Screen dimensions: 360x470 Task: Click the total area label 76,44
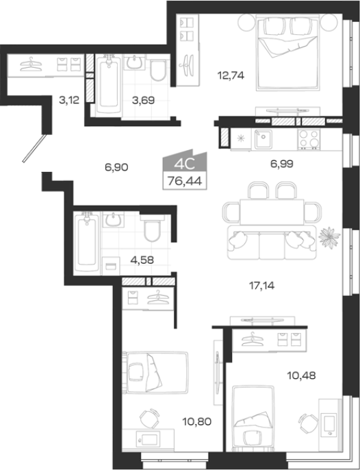(185, 181)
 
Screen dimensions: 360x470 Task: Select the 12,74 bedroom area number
(231, 75)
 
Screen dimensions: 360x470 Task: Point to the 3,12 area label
(69, 100)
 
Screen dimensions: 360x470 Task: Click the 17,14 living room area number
(261, 286)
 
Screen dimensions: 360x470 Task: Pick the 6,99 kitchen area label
(282, 164)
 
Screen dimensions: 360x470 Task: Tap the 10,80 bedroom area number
(197, 422)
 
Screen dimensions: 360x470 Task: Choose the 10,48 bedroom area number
(301, 375)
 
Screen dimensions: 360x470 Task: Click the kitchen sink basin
(263, 139)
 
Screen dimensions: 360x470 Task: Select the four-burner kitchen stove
(309, 139)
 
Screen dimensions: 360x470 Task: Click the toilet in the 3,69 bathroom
(158, 70)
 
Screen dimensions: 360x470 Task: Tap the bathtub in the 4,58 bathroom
(87, 243)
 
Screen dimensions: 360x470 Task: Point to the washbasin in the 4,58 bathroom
(113, 220)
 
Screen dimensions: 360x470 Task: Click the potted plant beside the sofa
(329, 237)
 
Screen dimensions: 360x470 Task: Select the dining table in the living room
(272, 212)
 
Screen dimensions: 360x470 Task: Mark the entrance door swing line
(34, 149)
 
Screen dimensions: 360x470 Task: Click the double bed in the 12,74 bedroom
(287, 53)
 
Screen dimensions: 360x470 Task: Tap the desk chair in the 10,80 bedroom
(150, 418)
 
